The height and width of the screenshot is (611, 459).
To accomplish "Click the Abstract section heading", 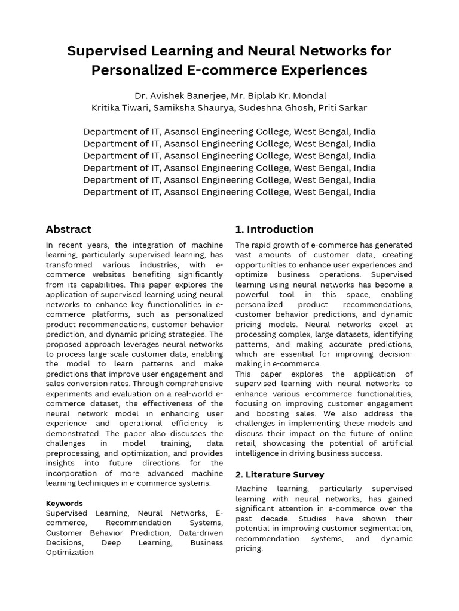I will [69, 229].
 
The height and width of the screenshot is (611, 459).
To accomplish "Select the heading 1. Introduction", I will [274, 229].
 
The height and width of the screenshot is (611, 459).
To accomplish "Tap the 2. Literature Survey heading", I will [280, 474].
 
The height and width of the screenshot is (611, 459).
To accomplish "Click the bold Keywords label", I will [65, 503].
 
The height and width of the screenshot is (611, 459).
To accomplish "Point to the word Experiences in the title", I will [325, 70].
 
